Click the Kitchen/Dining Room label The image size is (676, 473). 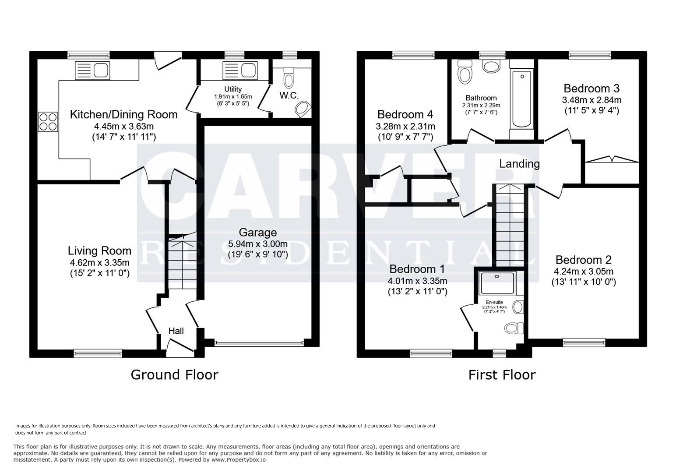(124, 115)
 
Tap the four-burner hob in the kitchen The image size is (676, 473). (48, 122)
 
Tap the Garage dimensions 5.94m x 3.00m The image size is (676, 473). (257, 244)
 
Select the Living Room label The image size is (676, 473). (99, 251)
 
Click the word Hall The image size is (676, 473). (176, 331)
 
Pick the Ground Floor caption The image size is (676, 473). (174, 375)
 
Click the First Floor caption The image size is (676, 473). (502, 375)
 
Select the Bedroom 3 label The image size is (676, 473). (591, 88)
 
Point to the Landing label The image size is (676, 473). (519, 164)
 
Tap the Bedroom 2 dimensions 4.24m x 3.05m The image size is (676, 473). (584, 271)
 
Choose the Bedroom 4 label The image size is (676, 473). (405, 115)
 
